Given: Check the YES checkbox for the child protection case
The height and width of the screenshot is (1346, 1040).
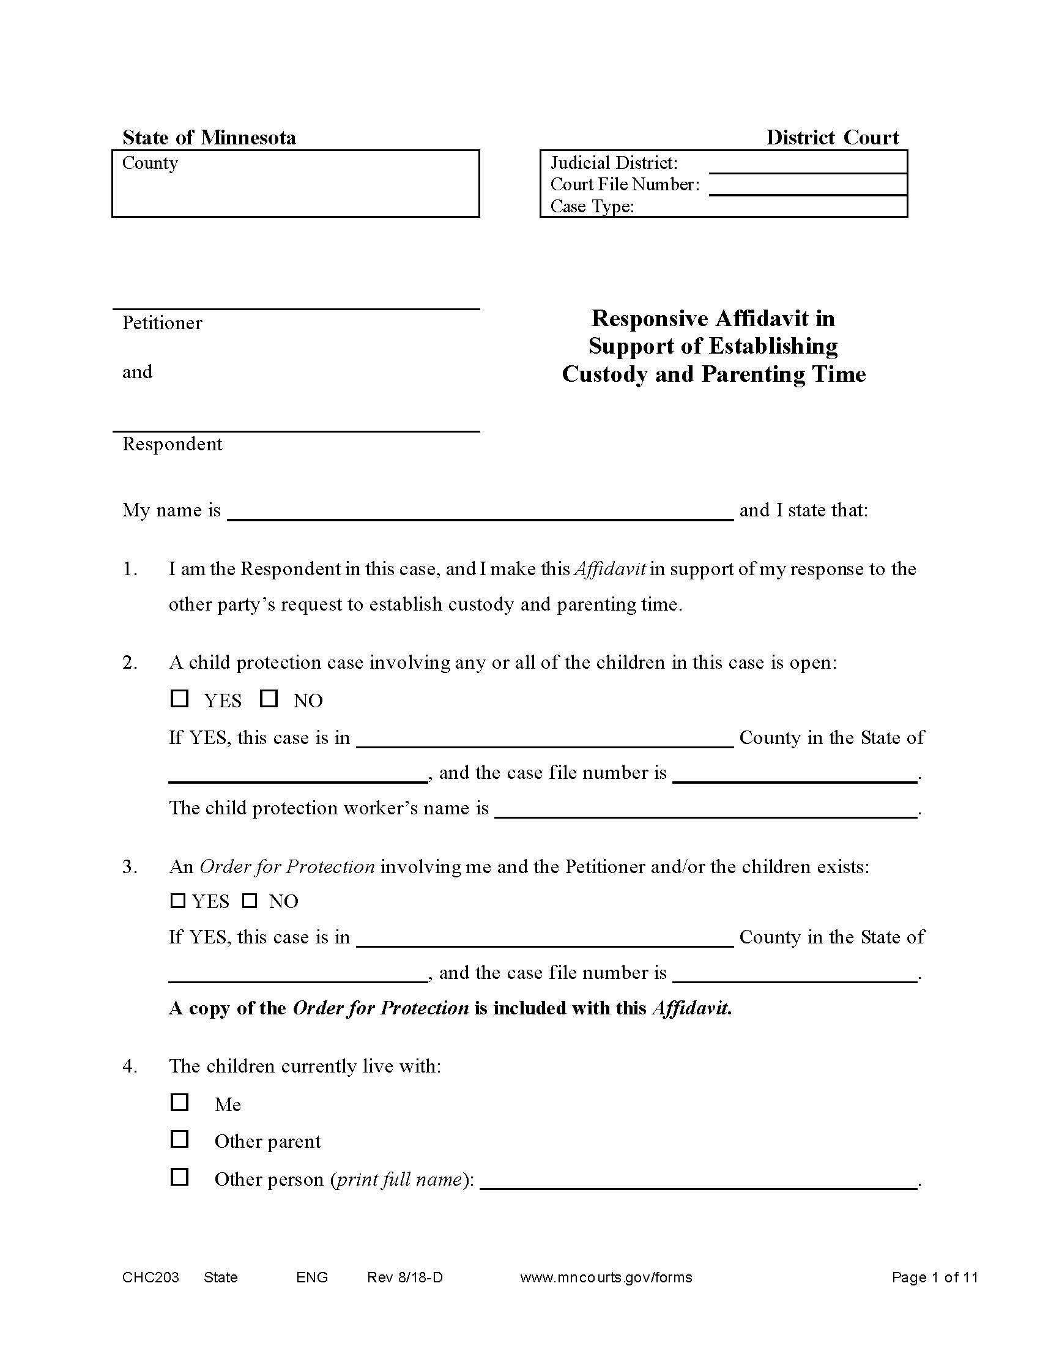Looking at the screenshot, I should coord(179,698).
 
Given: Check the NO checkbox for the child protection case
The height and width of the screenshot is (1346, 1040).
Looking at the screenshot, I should coord(269,698).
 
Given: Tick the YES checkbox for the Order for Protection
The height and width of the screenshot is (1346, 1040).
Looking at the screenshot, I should coord(177,901).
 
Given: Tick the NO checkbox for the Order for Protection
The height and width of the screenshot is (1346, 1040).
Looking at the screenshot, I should coord(249,901).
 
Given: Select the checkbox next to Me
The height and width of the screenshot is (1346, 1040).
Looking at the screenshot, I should coord(179,1101).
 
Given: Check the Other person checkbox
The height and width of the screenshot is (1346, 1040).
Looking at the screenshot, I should coord(179,1177).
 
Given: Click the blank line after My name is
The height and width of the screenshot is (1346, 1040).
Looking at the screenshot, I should coord(480,511).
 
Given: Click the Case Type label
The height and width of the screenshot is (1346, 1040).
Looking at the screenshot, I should coord(592,206).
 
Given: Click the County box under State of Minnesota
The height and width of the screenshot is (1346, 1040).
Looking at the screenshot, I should coord(295,183).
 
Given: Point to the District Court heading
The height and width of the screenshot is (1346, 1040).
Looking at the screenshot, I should coord(832,137).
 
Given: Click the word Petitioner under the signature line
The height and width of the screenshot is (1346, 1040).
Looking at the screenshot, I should coord(162,322).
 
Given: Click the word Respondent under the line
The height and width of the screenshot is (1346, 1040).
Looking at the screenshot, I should coord(172,444).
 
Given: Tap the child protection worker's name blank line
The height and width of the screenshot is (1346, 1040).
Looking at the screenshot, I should coord(705,809).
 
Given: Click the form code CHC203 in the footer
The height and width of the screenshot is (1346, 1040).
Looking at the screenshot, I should coord(150,1277).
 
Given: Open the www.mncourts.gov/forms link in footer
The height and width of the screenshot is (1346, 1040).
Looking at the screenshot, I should coord(606,1277).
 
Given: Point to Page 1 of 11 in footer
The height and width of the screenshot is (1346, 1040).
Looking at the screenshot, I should coord(934,1277).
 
